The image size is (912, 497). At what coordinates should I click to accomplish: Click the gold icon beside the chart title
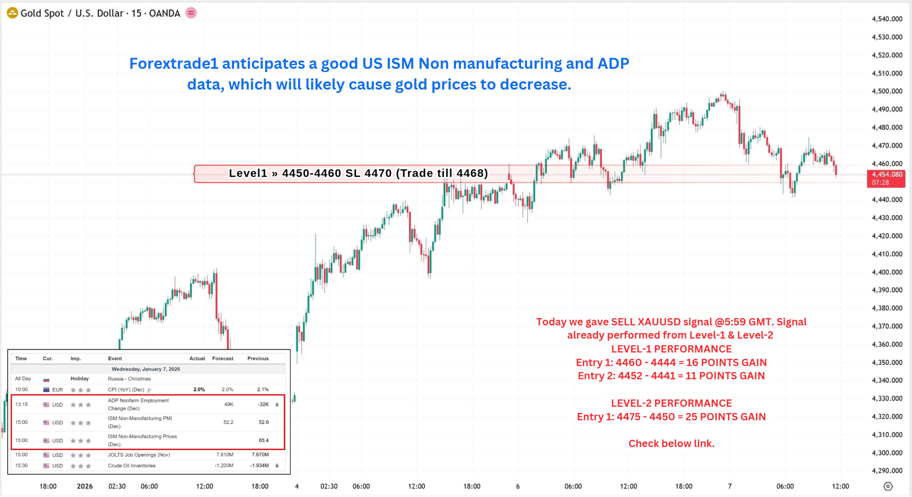coord(12,13)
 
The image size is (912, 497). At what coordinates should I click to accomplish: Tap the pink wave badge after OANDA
coord(191,13)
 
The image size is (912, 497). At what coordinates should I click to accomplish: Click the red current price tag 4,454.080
coord(886,178)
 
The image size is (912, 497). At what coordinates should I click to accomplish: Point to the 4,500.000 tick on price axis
coord(887,91)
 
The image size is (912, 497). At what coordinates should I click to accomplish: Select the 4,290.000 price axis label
coord(887,471)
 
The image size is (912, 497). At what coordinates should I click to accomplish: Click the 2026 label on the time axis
coord(85,486)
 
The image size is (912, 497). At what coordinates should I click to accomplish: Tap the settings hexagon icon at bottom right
coord(888,486)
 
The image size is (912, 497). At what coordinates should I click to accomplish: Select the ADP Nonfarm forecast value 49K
coord(229,404)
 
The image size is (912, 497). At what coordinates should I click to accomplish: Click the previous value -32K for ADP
coord(263,404)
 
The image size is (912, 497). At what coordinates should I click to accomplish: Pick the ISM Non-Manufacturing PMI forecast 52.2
coord(228,422)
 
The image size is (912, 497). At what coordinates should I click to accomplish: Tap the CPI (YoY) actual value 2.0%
coord(199,389)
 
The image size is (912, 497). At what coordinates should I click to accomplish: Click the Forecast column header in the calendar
coord(223,358)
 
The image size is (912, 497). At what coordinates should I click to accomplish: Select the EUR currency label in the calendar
coord(57,390)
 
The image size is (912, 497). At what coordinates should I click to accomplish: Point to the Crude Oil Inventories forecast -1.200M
coord(224,466)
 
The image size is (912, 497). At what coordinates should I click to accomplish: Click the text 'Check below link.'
coord(671,444)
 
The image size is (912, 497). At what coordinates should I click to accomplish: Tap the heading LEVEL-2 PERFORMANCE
coord(671,403)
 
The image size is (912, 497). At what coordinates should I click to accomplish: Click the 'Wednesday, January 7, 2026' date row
coord(146,369)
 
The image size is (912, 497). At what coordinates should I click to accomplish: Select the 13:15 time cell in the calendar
coord(21,404)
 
